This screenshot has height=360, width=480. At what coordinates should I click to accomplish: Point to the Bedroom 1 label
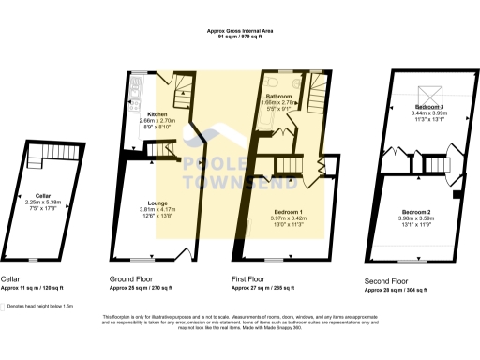[288, 212]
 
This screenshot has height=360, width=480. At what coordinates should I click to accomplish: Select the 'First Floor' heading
[250, 279]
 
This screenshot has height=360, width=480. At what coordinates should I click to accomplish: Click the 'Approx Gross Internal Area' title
[240, 31]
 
